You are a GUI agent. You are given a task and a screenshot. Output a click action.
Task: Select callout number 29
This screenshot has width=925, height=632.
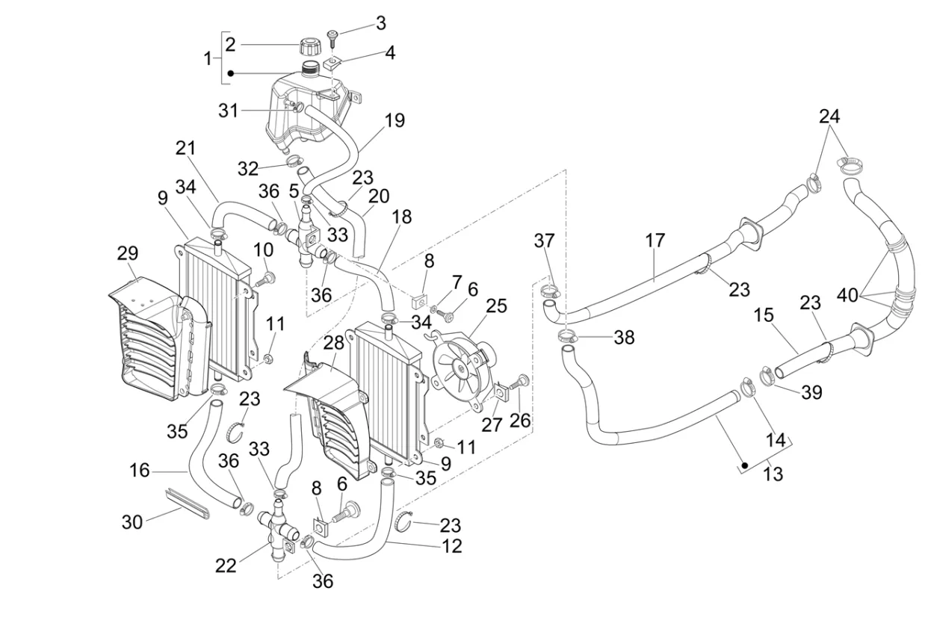pyautogui.click(x=128, y=253)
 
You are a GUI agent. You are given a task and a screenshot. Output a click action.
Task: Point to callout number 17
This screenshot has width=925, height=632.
pyautogui.click(x=655, y=241)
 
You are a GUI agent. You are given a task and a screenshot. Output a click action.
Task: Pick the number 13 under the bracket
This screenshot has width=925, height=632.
pyautogui.click(x=773, y=474)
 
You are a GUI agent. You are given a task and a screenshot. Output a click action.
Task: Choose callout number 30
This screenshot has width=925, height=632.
pyautogui.click(x=132, y=522)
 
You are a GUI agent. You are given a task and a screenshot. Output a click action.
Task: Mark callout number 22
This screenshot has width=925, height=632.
pyautogui.click(x=226, y=566)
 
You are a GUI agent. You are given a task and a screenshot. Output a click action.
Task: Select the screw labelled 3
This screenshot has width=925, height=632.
pyautogui.click(x=332, y=34)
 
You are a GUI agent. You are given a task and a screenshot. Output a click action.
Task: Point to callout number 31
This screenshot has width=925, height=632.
pyautogui.click(x=228, y=111)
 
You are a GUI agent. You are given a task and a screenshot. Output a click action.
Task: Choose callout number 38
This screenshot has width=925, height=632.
pyautogui.click(x=624, y=338)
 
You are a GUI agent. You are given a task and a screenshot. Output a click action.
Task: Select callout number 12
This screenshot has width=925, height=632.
pyautogui.click(x=451, y=546)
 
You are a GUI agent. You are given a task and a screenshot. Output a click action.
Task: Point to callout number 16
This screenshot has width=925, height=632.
pyautogui.click(x=139, y=471)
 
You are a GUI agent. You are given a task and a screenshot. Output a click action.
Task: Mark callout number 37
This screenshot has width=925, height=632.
pyautogui.click(x=545, y=241)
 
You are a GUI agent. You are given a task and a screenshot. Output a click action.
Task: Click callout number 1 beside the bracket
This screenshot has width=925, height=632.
pyautogui.click(x=208, y=58)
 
